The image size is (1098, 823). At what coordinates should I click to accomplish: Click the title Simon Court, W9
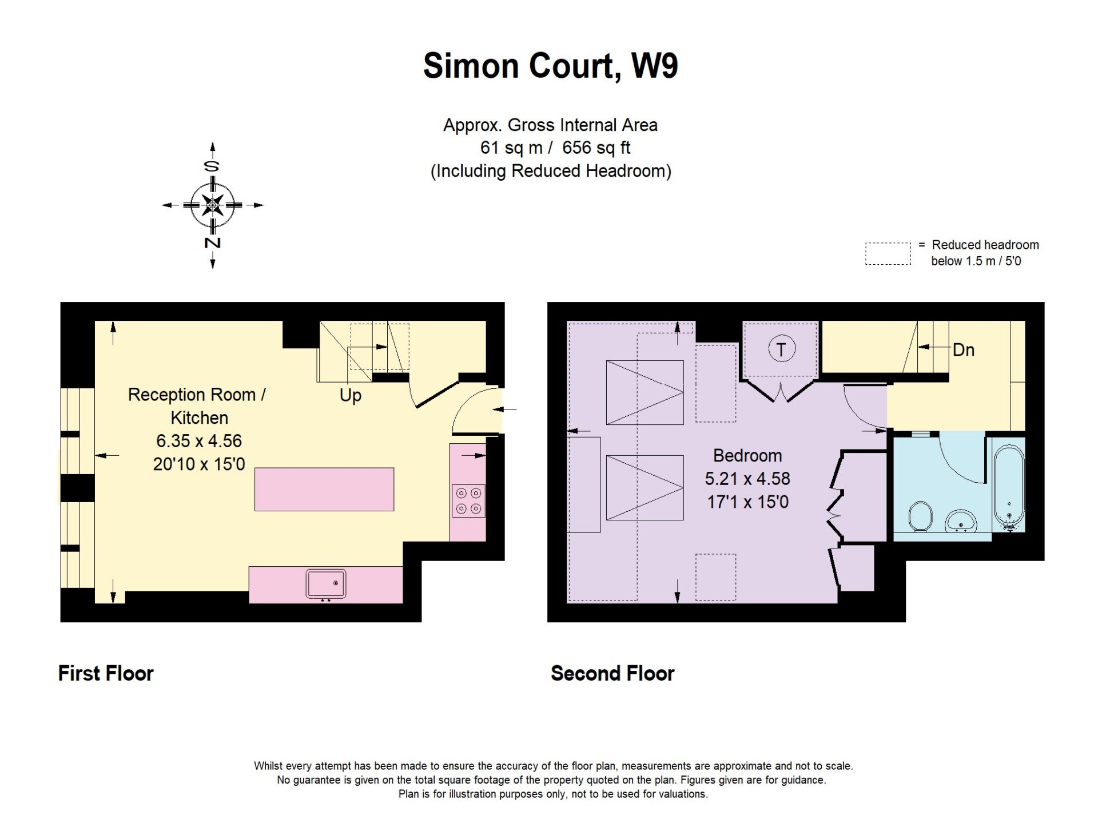point(550,66)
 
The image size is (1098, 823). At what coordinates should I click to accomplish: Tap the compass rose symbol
point(213,205)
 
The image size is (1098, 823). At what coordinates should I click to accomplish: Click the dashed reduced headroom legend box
point(888,253)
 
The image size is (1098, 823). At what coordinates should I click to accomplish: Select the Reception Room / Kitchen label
point(197,406)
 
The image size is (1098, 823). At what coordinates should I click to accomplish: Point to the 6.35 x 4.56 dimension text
point(199,441)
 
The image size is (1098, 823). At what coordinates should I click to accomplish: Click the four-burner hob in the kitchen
point(468,501)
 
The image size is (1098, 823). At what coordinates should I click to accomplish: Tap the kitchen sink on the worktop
point(326,583)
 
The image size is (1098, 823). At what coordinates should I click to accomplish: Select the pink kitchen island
point(324,489)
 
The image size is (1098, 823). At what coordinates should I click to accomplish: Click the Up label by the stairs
point(351,395)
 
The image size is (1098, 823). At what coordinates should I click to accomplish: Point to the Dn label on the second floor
point(964,350)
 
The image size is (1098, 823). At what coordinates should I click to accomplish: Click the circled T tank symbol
point(781,349)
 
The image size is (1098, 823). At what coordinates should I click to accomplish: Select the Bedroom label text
point(747,455)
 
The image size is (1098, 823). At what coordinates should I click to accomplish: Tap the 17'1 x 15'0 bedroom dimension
point(747,502)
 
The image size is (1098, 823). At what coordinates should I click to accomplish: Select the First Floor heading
point(106,673)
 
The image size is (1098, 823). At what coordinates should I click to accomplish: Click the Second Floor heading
point(612,673)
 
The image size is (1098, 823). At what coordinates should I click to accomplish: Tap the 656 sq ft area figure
point(596,148)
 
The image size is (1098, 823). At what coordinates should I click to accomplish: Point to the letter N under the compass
point(213,242)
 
